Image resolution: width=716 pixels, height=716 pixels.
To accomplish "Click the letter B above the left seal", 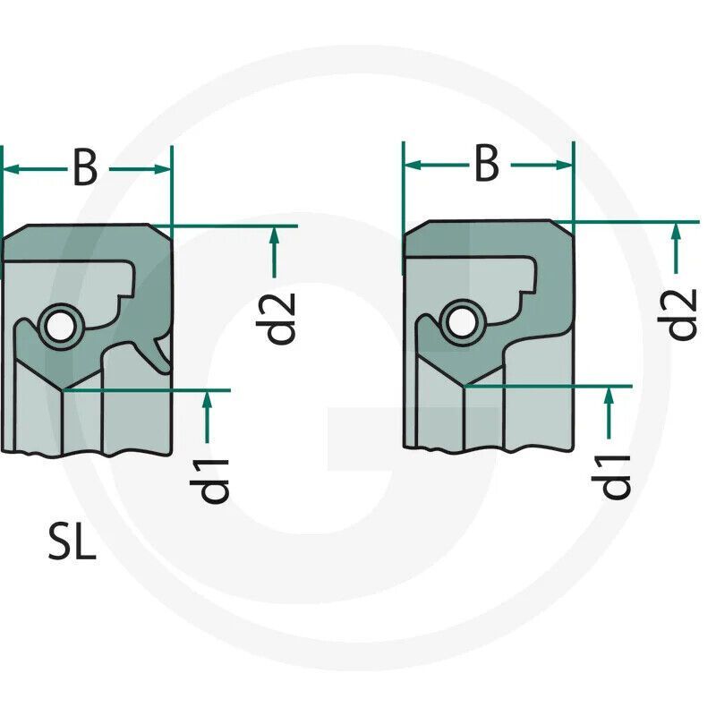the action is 85,167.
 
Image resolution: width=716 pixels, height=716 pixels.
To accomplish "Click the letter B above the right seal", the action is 487,164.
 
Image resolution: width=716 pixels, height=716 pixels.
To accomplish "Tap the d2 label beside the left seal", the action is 276,319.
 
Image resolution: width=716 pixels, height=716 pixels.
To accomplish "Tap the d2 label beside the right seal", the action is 677,314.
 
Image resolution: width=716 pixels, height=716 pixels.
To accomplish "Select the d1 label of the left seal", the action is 209,481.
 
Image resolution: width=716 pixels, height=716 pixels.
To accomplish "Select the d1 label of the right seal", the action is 610,476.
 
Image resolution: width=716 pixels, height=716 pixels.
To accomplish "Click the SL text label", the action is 72,542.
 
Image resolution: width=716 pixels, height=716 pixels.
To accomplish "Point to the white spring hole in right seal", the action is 460,323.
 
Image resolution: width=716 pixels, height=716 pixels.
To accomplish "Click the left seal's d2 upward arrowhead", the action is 274,235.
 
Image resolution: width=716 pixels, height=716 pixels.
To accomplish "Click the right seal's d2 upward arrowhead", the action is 677,232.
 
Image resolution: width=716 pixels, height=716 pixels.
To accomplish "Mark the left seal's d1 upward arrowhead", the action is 208,400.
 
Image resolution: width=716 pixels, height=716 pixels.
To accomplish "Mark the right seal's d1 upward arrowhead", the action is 609,396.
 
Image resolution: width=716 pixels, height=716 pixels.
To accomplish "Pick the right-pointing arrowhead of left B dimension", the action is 161,169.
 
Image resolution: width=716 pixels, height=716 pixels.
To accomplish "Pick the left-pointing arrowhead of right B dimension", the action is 413,165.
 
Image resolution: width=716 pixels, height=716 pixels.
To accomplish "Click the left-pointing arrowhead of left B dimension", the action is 12,169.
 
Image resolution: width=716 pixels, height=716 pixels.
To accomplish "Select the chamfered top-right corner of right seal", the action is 564,228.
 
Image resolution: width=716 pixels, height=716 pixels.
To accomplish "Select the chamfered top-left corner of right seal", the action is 414,228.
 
